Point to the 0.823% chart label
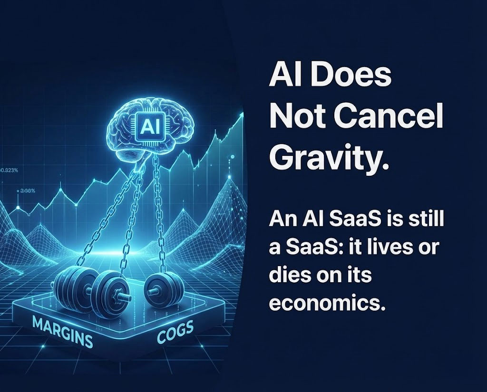(x=7, y=170)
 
